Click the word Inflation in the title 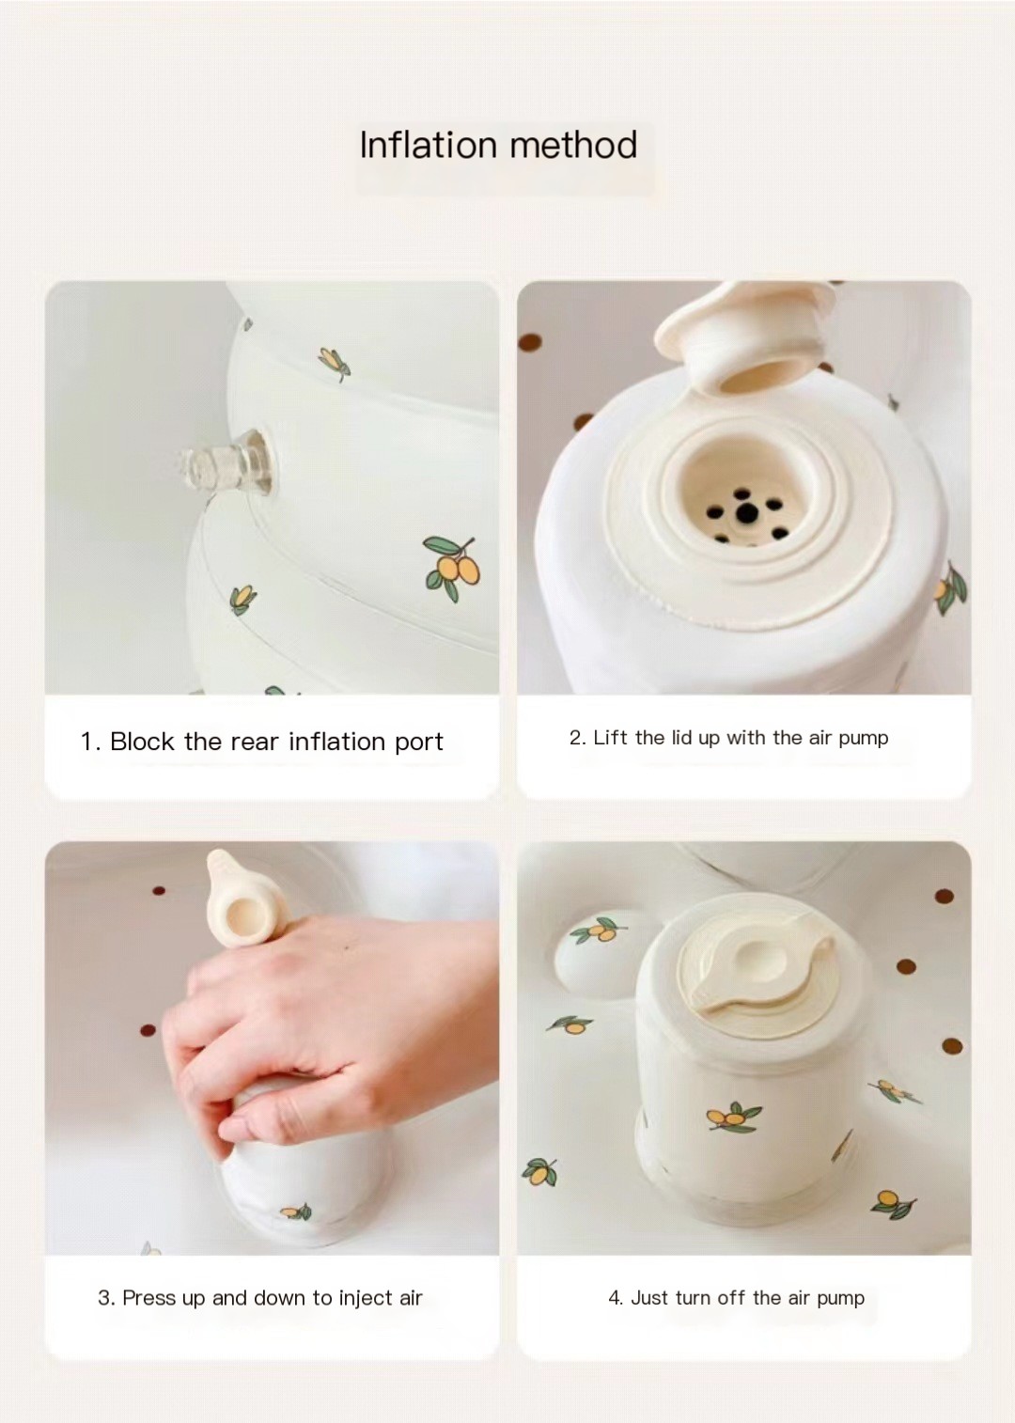pyautogui.click(x=429, y=145)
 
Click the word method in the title pyautogui.click(x=573, y=145)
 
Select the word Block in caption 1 pyautogui.click(x=142, y=742)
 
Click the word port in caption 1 pyautogui.click(x=419, y=743)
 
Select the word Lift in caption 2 pyautogui.click(x=610, y=738)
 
